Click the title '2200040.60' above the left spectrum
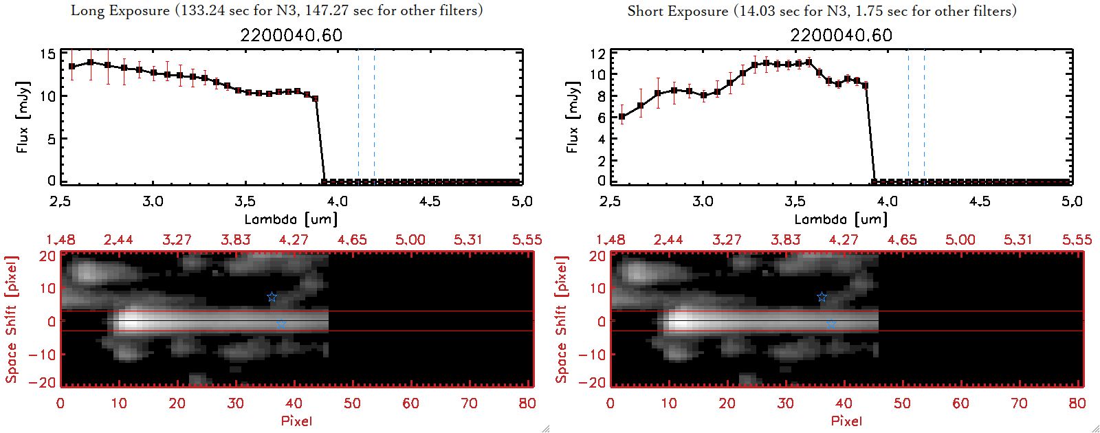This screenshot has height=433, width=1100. [291, 35]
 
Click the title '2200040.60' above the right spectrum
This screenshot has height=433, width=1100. [841, 35]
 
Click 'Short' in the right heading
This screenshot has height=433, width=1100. [646, 11]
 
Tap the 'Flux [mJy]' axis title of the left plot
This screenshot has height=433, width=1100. [23, 117]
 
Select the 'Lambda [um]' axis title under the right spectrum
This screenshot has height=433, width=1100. [841, 219]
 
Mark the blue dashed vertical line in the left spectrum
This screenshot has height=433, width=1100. [374, 117]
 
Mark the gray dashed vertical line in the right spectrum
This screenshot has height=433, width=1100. [908, 117]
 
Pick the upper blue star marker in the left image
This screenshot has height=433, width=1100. [272, 297]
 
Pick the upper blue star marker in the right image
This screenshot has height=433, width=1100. [822, 297]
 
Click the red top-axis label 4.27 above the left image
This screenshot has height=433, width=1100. [294, 240]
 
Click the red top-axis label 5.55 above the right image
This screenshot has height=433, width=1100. [1077, 240]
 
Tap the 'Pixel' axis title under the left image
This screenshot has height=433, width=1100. [296, 421]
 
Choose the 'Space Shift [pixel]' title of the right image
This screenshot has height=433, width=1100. [562, 320]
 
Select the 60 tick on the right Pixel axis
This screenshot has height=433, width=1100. [960, 403]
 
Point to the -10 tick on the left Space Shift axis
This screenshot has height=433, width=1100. [42, 354]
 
